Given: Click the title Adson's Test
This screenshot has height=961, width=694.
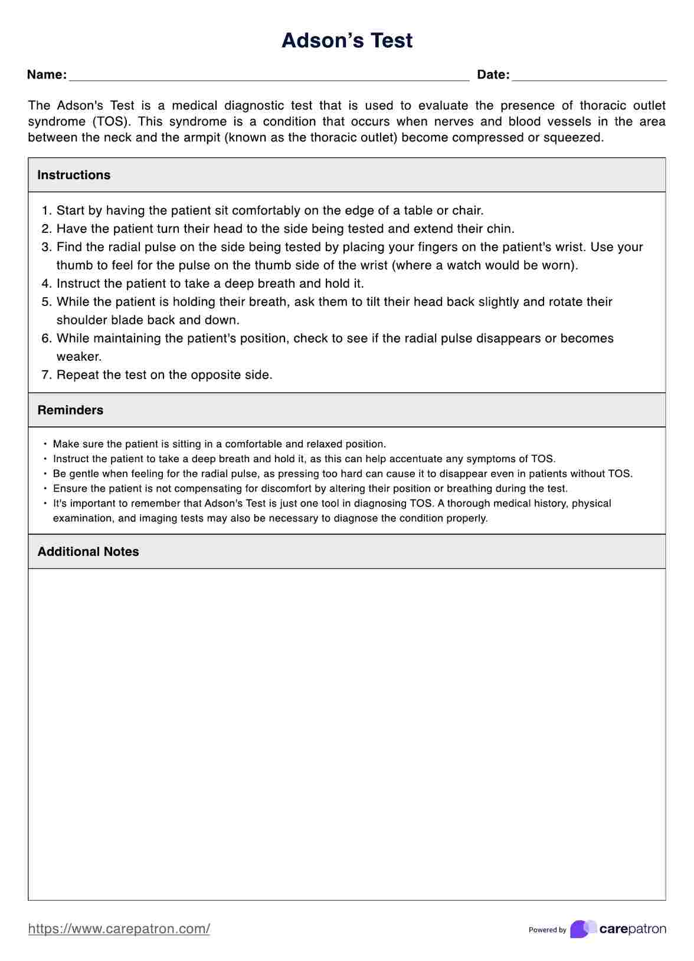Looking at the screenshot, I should coord(347,40).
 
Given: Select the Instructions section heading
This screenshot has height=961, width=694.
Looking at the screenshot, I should coord(74,175).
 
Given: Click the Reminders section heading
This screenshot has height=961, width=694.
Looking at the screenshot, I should coord(70,410).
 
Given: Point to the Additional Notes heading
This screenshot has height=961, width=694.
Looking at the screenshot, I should coord(89,552).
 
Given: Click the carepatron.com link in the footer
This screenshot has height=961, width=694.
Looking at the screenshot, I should coord(119,929).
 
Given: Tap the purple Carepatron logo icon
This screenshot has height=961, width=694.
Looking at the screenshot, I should coord(582,929).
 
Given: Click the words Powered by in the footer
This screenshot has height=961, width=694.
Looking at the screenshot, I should coord(547,930).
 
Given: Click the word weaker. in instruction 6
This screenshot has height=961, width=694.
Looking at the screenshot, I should coord(79,357).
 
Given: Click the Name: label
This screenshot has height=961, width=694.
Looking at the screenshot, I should coord(47,75).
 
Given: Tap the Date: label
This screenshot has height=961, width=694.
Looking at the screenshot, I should coord(493,75).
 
